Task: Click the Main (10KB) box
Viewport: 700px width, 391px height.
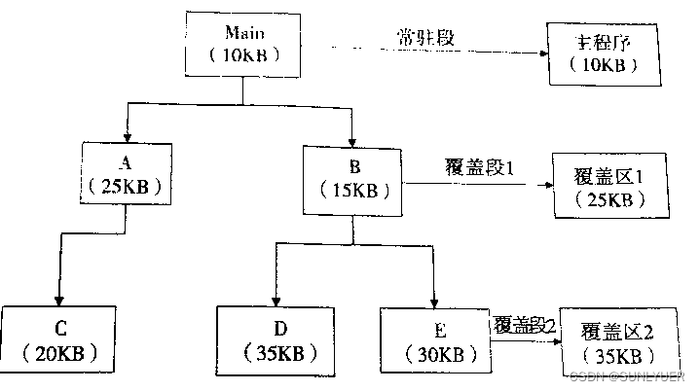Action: [x=243, y=43]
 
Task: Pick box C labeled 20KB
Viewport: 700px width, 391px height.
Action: [x=59, y=337]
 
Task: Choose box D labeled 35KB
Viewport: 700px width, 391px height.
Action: [x=276, y=337]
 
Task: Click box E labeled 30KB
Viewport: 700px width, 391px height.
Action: [x=434, y=337]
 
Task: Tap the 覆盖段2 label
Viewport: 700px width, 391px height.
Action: [x=524, y=324]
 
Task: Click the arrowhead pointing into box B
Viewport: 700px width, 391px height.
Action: [x=352, y=138]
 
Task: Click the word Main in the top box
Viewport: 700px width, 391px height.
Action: [x=243, y=33]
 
